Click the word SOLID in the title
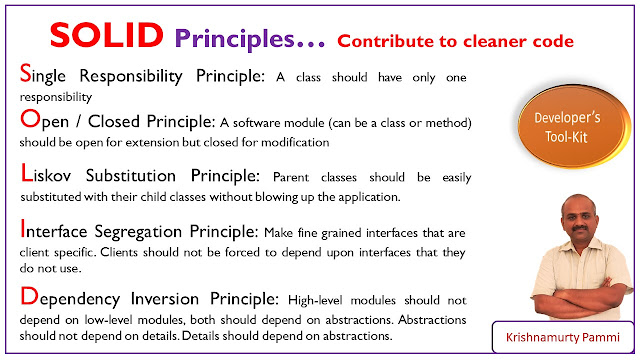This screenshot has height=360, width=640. (x=108, y=37)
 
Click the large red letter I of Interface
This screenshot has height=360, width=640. (x=24, y=230)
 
